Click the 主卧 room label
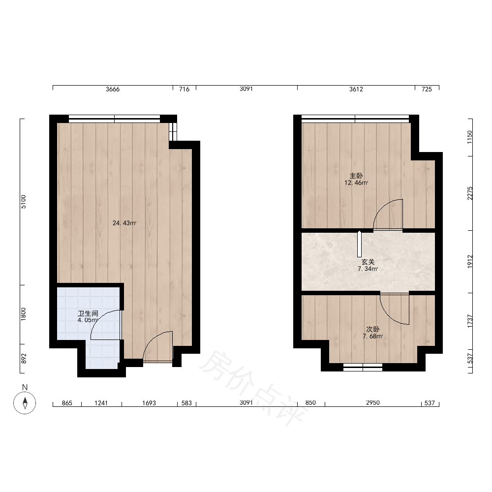(356, 176)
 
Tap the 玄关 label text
(368, 262)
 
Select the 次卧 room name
(373, 329)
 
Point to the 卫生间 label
(88, 313)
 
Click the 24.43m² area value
(124, 223)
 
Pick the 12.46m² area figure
(356, 183)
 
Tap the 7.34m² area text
(368, 269)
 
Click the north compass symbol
(25, 403)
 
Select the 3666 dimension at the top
(113, 89)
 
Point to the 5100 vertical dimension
(24, 202)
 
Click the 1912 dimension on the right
(470, 261)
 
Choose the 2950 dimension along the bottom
(373, 402)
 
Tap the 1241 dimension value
(101, 403)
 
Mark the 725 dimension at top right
(427, 89)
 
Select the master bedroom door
(388, 215)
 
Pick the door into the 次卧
(395, 309)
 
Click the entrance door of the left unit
(158, 347)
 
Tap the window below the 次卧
(363, 367)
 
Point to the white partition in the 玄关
(359, 244)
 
